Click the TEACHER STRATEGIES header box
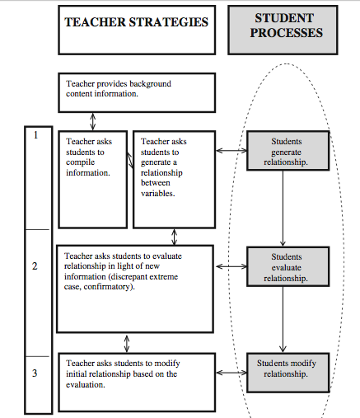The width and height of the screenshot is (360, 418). pos(137,30)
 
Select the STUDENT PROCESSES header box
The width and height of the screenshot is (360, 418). pos(283,30)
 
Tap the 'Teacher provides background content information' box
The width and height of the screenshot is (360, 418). pos(137,92)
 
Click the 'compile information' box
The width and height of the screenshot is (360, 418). pos(93,180)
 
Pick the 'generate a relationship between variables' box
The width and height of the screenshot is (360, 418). pos(174,180)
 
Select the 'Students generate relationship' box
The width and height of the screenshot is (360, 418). pos(288,151)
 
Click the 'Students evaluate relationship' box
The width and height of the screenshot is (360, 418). pos(288,266)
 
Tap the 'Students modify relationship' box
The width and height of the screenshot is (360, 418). pos(288,373)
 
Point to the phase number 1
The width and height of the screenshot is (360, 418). pos(35,135)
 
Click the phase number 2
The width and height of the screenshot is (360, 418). pos(35,266)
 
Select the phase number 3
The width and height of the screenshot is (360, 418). pos(35,373)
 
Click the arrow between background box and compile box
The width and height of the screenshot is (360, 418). pos(93,121)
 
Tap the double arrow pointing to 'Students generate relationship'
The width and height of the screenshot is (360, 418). pos(231,150)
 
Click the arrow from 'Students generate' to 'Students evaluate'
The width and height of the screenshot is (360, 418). pos(283,209)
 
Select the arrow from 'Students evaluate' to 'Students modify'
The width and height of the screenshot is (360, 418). pos(283,320)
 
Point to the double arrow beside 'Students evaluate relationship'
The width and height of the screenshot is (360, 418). pos(231,266)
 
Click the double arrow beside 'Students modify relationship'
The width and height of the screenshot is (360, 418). pos(231,373)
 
